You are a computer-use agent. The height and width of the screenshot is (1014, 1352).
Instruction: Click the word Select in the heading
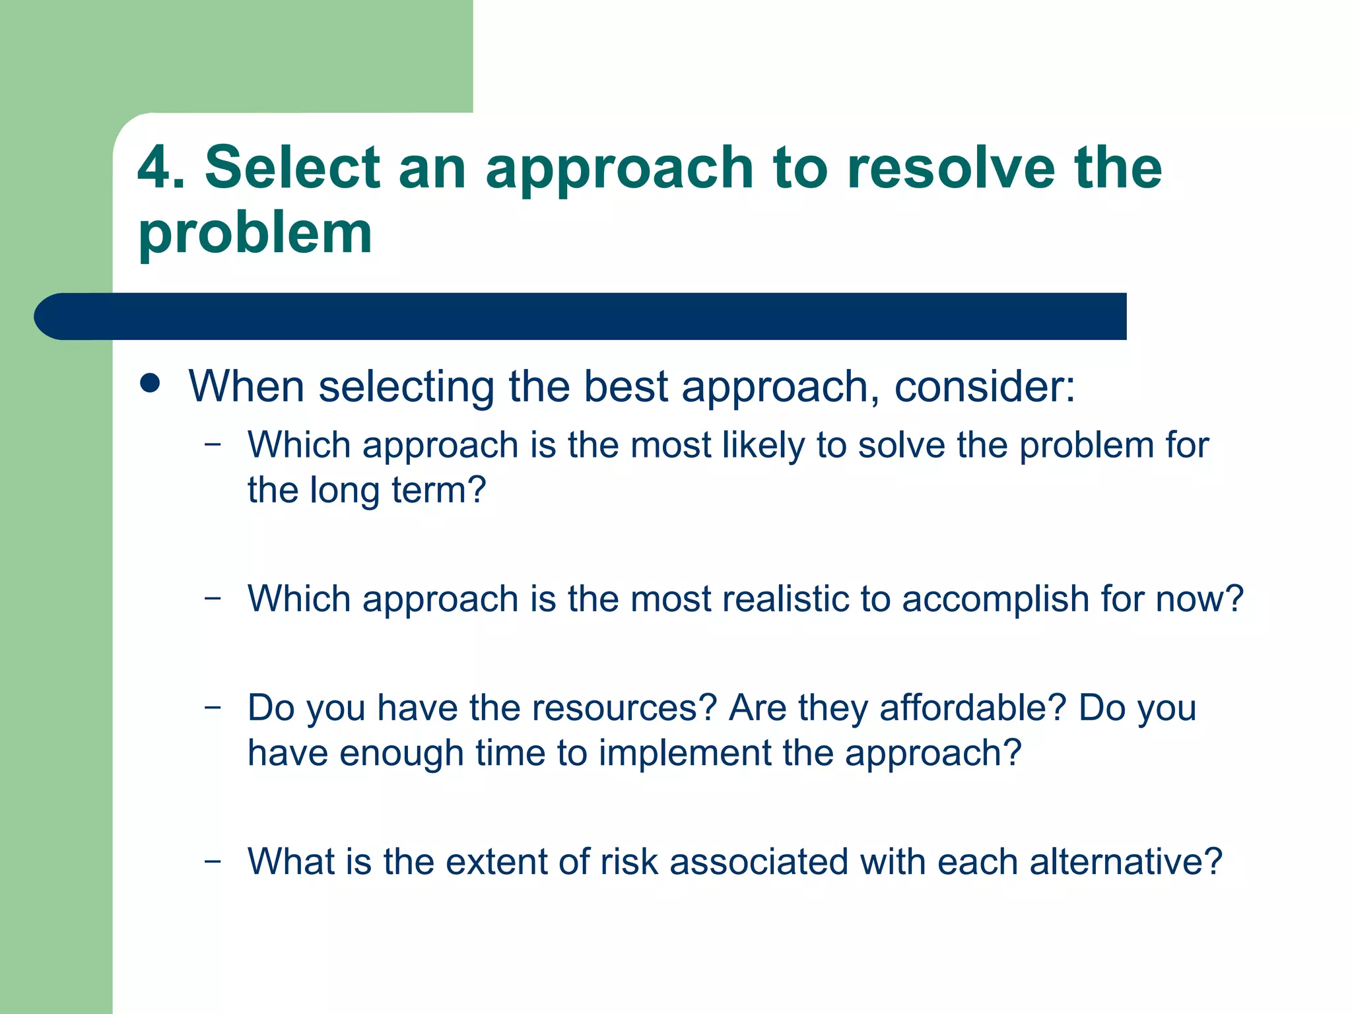coord(292,168)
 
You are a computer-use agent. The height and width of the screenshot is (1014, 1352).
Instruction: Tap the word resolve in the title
coord(951,168)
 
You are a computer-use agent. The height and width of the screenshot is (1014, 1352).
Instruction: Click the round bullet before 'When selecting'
coord(151,384)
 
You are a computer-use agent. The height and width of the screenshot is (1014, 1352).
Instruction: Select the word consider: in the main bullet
coord(984,386)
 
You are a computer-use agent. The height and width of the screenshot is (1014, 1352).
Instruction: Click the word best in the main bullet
coord(626,386)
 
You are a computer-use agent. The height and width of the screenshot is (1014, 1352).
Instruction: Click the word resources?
coord(625,708)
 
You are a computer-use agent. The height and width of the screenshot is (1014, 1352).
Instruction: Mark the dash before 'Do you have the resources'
coord(213,706)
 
